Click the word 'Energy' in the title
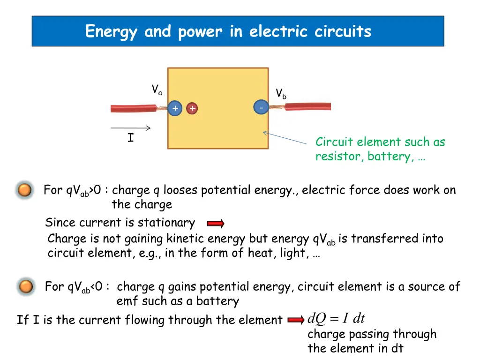[x=111, y=32]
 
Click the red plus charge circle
[x=192, y=108]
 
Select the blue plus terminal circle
[x=175, y=108]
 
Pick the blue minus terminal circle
[x=261, y=107]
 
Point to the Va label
[x=157, y=90]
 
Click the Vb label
[x=281, y=94]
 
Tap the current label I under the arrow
[x=131, y=138]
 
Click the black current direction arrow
[x=130, y=128]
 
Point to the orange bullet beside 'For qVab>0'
[x=25, y=190]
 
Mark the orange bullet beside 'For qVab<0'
[x=26, y=287]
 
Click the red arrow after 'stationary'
[x=216, y=224]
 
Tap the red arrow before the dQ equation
[x=296, y=320]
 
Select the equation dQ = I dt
[x=336, y=318]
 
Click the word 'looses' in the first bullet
[x=180, y=190]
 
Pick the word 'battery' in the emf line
[x=217, y=301]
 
